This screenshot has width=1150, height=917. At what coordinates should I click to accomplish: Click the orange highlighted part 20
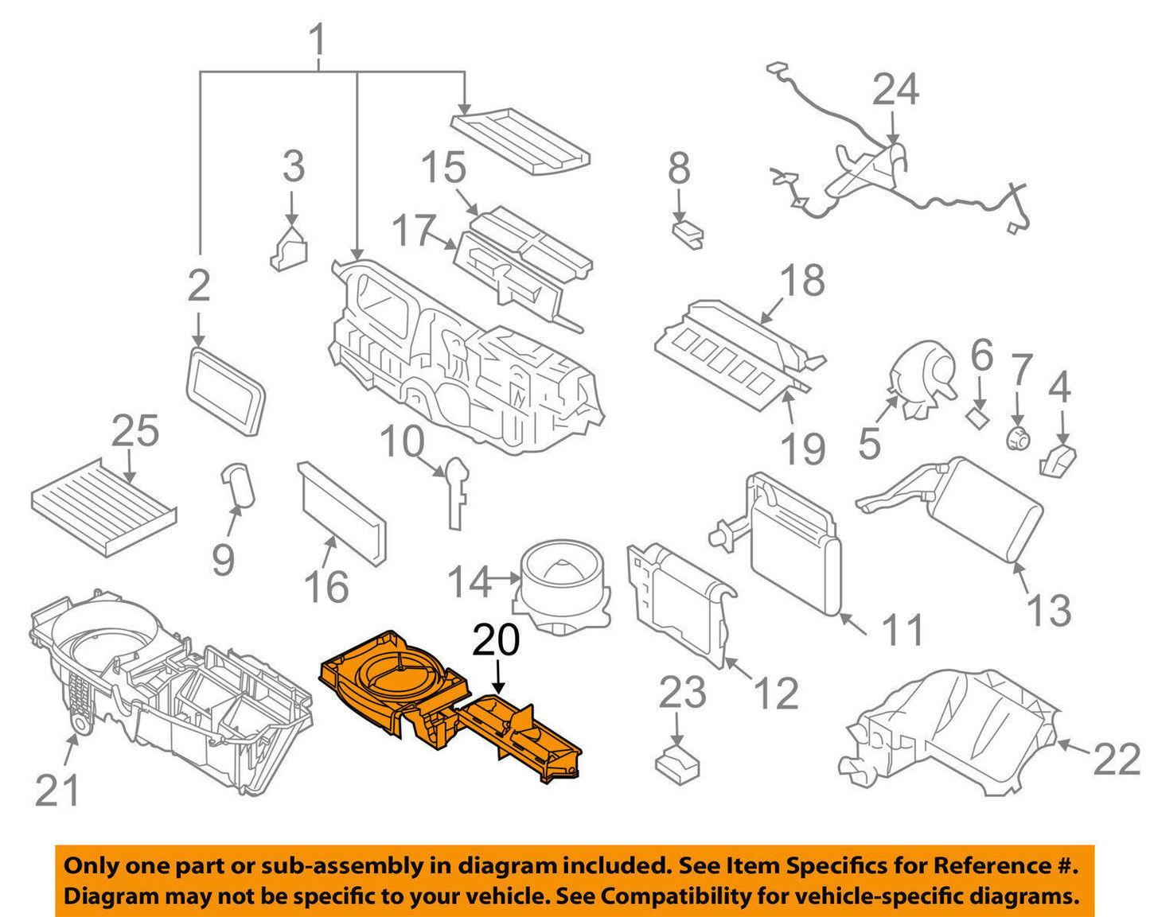tap(446, 700)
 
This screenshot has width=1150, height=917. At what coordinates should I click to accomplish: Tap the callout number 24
tap(895, 90)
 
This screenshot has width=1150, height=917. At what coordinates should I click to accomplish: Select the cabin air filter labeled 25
tap(103, 507)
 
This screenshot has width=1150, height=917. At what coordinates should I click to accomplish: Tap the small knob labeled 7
tap(1018, 437)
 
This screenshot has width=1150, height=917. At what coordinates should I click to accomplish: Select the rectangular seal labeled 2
tap(225, 391)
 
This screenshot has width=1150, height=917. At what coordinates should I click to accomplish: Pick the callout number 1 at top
tap(317, 40)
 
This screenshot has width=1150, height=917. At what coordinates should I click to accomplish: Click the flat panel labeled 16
tap(342, 513)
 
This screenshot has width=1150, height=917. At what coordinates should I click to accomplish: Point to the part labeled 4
tap(1058, 461)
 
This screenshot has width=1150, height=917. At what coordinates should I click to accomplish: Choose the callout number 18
tap(802, 281)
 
